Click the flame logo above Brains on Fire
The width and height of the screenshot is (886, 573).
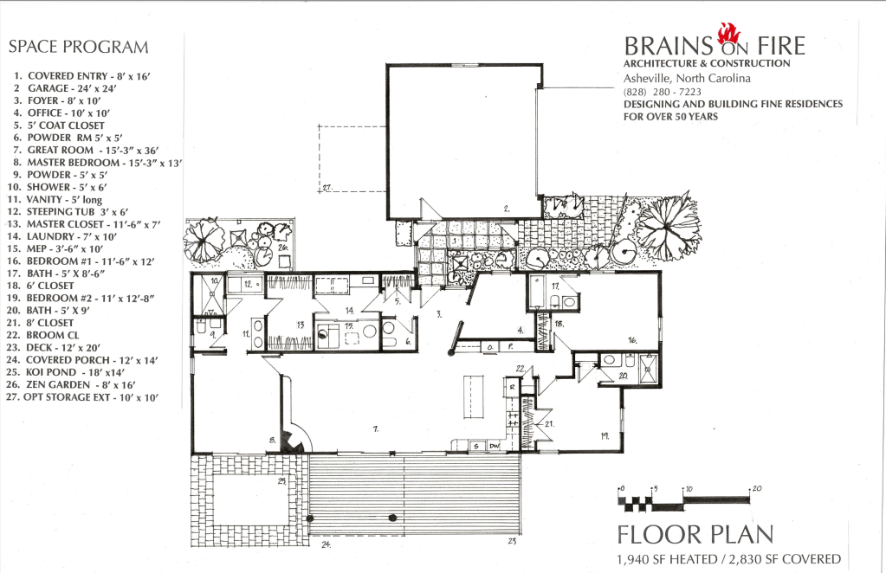pos(729,33)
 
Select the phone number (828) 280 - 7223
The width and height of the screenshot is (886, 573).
pos(663,92)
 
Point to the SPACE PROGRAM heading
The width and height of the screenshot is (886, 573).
pos(79,47)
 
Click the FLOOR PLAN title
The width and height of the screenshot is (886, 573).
pos(695,534)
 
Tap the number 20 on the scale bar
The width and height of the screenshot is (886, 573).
pos(757,488)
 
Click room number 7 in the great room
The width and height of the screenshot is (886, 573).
pos(376,429)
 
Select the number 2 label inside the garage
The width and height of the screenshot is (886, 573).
pos(507,209)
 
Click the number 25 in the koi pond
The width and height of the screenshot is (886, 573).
pos(282,481)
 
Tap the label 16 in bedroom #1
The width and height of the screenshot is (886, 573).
pos(632,340)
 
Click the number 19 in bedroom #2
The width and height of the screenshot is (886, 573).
pos(605,436)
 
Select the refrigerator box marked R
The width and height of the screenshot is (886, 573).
pos(512,388)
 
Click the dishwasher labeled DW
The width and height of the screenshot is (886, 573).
pos(495,446)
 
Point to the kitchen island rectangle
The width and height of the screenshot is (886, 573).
pos(475,397)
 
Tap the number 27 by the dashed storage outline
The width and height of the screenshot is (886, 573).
pos(327,187)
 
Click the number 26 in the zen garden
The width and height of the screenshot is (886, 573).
pos(283,248)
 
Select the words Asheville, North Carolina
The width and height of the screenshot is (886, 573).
pos(687,78)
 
